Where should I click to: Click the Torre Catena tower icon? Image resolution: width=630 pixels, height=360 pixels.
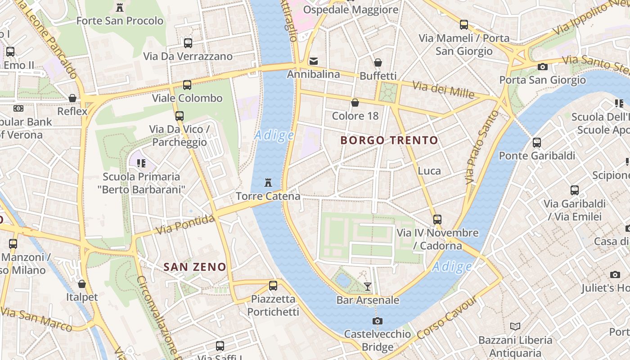click(268, 182)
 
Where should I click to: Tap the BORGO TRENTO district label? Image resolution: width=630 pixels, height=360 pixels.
click(389, 140)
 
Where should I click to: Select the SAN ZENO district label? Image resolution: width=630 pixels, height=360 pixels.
click(195, 267)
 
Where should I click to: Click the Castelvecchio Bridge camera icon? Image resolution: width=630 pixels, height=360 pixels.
click(378, 321)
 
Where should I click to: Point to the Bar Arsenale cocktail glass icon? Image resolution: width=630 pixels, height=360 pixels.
click(368, 286)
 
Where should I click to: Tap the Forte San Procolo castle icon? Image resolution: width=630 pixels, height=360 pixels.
click(120, 8)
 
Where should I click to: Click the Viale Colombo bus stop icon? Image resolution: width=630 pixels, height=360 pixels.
click(187, 85)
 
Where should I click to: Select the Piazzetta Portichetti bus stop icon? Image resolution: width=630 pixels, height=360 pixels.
click(273, 285)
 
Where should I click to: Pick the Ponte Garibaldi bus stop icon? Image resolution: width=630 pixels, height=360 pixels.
click(537, 143)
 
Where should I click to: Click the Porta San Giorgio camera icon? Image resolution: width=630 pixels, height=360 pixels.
click(543, 67)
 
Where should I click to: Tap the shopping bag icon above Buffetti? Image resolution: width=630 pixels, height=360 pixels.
click(378, 63)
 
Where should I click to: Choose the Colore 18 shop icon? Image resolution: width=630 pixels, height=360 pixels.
click(355, 103)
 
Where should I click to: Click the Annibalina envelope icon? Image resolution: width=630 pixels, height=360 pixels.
click(314, 61)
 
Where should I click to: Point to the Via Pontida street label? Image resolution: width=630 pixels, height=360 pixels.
click(185, 225)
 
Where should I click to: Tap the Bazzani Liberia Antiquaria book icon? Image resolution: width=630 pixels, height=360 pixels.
click(515, 326)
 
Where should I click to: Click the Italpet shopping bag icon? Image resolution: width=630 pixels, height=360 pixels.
click(82, 284)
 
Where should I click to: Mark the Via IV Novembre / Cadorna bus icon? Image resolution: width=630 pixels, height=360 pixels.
click(437, 220)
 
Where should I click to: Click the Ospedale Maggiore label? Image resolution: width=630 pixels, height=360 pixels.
click(351, 9)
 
